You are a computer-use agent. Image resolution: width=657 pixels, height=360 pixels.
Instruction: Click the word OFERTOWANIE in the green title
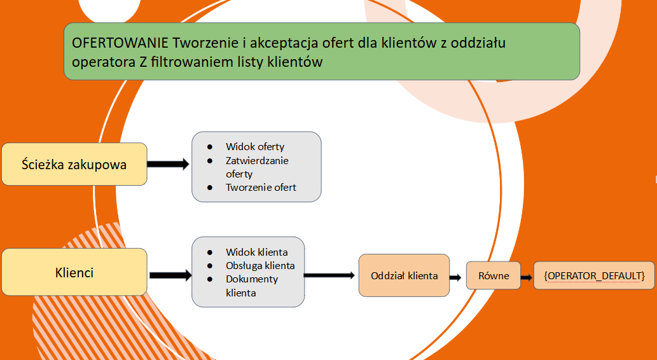coord(120,43)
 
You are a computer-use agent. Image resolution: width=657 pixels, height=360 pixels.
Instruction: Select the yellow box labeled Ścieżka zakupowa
coord(74,164)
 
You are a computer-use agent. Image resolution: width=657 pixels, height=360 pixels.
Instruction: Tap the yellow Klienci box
coord(74,272)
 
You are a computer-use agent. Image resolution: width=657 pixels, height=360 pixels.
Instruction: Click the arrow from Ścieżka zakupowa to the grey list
coord(169,164)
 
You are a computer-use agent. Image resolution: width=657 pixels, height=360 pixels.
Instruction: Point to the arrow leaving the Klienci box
coord(170,275)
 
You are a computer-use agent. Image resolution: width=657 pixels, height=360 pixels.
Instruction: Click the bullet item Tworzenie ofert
coord(261,188)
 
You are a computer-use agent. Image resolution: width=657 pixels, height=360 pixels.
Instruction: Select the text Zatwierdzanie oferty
coord(257,167)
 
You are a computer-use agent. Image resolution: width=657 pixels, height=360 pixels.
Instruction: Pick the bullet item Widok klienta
coord(256,253)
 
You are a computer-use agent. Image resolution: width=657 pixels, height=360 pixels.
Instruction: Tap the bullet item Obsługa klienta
coord(259,266)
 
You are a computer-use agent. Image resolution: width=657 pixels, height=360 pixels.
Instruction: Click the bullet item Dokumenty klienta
coord(251,286)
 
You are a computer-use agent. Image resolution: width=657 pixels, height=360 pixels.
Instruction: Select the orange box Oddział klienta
coord(404,275)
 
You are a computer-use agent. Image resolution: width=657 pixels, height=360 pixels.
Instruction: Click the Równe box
coord(493,275)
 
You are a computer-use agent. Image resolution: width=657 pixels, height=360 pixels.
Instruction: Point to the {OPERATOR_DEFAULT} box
coord(594,275)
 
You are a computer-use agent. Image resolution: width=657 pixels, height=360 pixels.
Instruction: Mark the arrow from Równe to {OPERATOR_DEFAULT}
coord(527,277)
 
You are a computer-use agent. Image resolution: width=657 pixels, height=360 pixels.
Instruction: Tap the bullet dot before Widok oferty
coord(209,147)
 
